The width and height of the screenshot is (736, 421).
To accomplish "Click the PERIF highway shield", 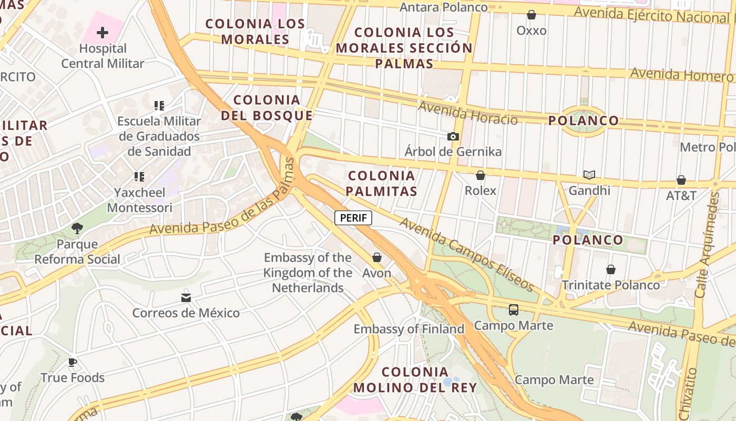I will pyautogui.click(x=353, y=218).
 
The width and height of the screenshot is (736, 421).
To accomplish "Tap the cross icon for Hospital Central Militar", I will pyautogui.click(x=103, y=33).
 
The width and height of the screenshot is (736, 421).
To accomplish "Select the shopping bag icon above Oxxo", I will pyautogui.click(x=531, y=15).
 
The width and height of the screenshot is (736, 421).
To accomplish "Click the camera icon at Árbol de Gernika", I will pyautogui.click(x=453, y=136).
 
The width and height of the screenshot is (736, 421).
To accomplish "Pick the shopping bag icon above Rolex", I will pyautogui.click(x=480, y=175).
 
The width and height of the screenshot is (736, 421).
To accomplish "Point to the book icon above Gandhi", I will pyautogui.click(x=589, y=175).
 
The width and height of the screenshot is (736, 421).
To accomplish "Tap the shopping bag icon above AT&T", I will pyautogui.click(x=681, y=181).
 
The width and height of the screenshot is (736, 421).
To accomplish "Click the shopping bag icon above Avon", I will pyautogui.click(x=377, y=257).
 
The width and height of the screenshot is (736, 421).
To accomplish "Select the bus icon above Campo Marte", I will pyautogui.click(x=514, y=310).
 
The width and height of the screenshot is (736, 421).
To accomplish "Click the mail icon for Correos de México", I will pyautogui.click(x=186, y=298).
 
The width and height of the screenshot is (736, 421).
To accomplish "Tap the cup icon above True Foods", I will pyautogui.click(x=73, y=363).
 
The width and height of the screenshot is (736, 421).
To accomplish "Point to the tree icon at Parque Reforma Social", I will pyautogui.click(x=77, y=228).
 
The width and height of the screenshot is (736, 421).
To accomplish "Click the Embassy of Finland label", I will pyautogui.click(x=409, y=329).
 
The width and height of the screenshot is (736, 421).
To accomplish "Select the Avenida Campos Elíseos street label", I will pyautogui.click(x=466, y=255).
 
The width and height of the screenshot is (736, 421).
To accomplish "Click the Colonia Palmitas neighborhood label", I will pyautogui.click(x=382, y=183).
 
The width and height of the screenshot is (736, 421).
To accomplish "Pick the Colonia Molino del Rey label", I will pyautogui.click(x=415, y=380).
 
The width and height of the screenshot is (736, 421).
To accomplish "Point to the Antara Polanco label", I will pyautogui.click(x=444, y=7).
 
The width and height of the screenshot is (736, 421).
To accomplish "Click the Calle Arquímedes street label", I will pyautogui.click(x=708, y=245).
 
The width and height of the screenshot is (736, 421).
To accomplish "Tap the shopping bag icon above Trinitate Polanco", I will pyautogui.click(x=611, y=270).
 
